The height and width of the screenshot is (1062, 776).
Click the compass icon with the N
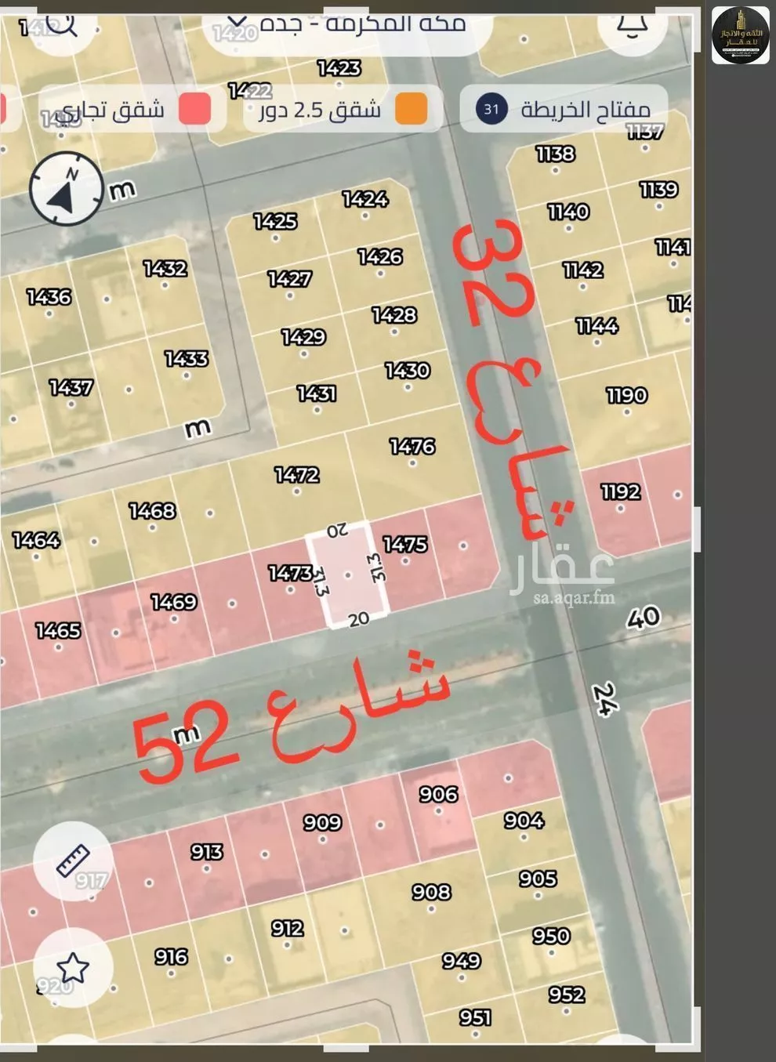point(67,190)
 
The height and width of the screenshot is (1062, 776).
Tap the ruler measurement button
point(73,861)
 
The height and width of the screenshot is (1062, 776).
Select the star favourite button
point(73,967)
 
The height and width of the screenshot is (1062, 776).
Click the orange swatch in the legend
point(411,108)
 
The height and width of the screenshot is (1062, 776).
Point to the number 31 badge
point(491,108)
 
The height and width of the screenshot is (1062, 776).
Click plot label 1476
point(412,446)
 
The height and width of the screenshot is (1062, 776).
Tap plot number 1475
point(405,544)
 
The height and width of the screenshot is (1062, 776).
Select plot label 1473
point(290,573)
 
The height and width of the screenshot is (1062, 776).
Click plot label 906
point(438,794)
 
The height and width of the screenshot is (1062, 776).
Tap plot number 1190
point(626,395)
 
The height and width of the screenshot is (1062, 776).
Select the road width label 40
point(644,618)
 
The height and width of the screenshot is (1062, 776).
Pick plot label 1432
point(165,269)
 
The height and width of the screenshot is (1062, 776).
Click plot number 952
point(567,995)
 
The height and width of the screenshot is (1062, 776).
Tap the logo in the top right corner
point(740,35)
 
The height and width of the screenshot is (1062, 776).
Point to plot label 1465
point(58,630)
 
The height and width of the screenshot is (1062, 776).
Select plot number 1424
point(365,199)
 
